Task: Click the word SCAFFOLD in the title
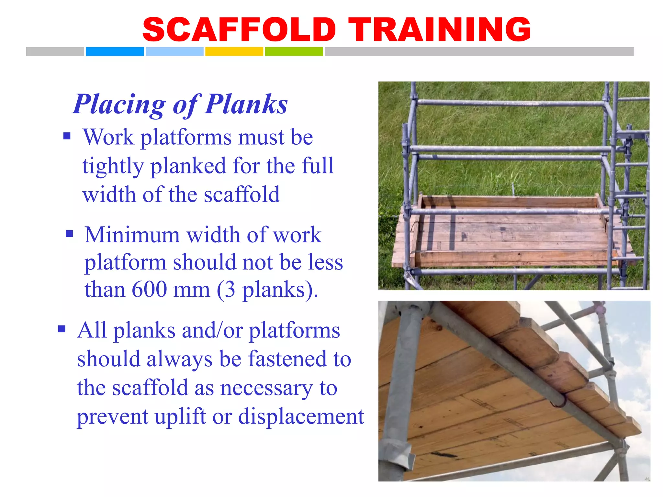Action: coord(240,30)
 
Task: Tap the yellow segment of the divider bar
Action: coord(234,51)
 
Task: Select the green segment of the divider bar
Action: coord(294,51)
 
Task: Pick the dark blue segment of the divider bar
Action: coord(115,51)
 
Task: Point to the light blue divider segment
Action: coord(174,51)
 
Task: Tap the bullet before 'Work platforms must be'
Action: coord(67,136)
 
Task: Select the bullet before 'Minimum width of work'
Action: coord(69,233)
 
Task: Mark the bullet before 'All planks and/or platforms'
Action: coord(62,329)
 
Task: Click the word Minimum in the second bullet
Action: coord(132,235)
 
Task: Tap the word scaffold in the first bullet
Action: coord(242,195)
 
